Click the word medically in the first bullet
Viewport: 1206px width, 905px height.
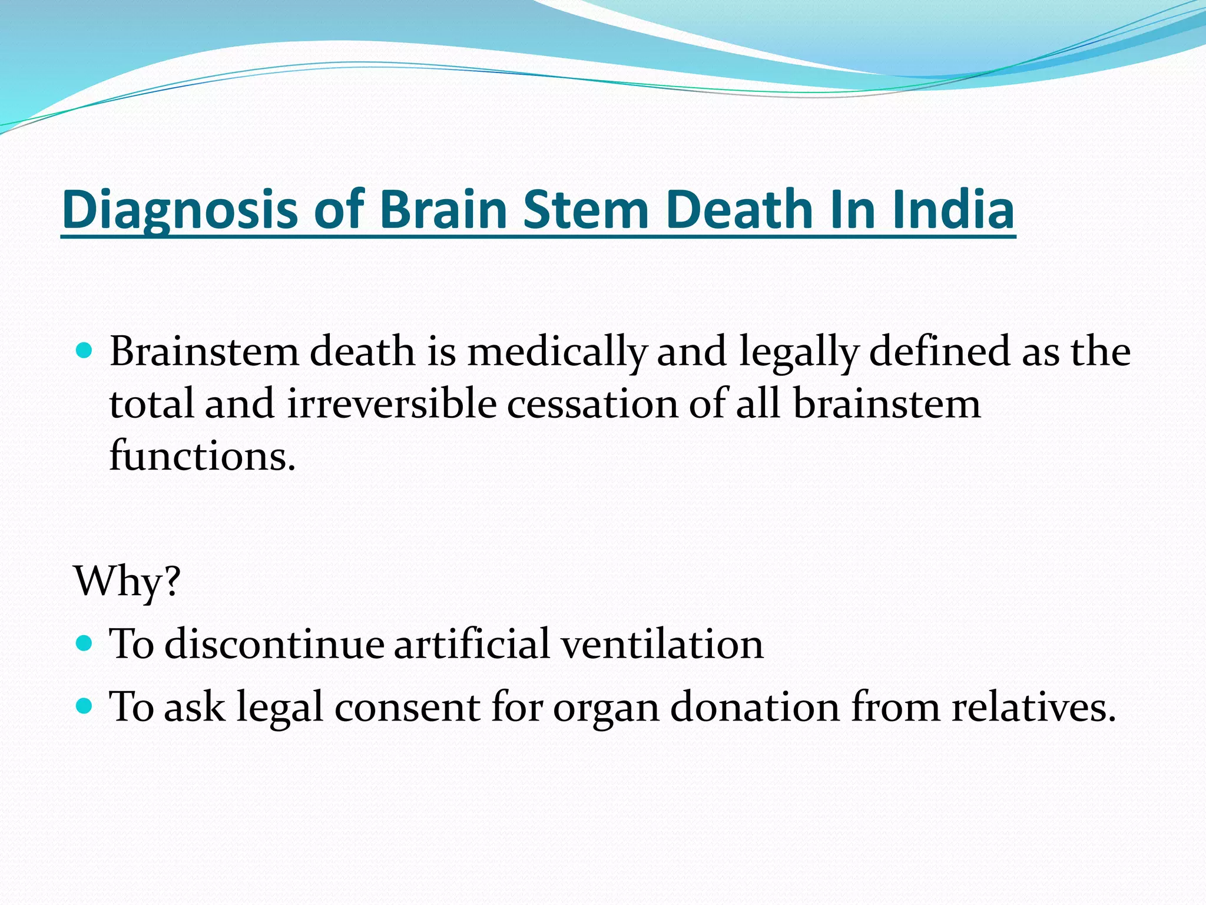click(x=556, y=352)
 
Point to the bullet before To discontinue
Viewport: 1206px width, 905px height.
click(x=85, y=642)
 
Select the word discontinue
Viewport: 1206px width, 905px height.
click(x=274, y=643)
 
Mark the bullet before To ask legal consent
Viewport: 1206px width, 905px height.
click(x=85, y=705)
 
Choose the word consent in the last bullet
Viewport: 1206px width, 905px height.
click(x=407, y=706)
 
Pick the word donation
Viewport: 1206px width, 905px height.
click(x=755, y=706)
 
